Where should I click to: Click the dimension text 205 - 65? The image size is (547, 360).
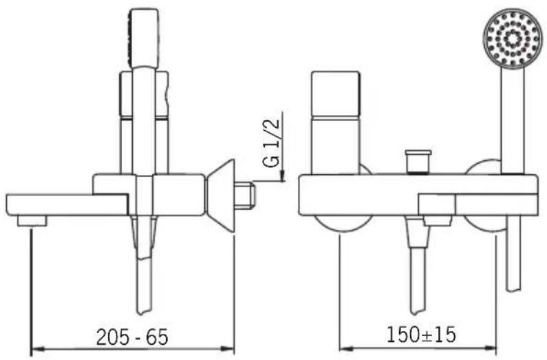pos(132,337)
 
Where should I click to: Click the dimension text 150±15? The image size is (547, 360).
pos(421,335)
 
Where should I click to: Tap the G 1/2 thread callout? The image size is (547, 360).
pos(272,142)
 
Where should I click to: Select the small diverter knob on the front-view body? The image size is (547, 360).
pos(418,161)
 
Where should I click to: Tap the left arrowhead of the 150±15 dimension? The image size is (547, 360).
pos(345,349)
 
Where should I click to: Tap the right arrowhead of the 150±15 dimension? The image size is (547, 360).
pos(489,349)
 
